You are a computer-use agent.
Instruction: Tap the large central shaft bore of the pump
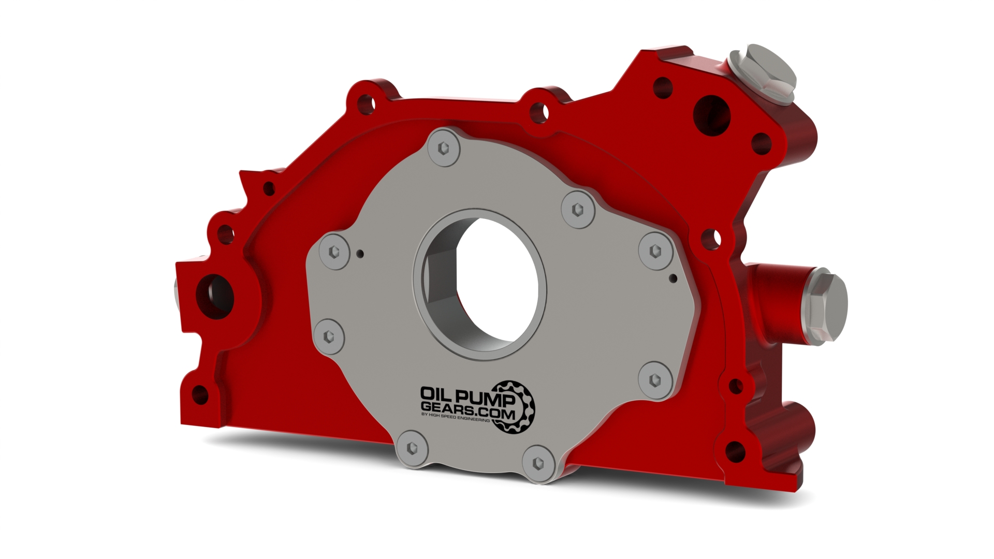[x=481, y=285]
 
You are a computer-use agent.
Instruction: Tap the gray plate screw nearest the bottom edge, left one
[x=413, y=448]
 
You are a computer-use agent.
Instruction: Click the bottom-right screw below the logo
[x=539, y=462]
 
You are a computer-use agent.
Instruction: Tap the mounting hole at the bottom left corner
[x=200, y=395]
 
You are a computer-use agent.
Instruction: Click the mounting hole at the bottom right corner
[x=735, y=452]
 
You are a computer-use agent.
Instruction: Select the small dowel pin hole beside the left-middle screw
[x=361, y=254]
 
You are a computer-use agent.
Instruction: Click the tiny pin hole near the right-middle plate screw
[x=673, y=278]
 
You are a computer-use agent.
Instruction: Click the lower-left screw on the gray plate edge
[x=329, y=336]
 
